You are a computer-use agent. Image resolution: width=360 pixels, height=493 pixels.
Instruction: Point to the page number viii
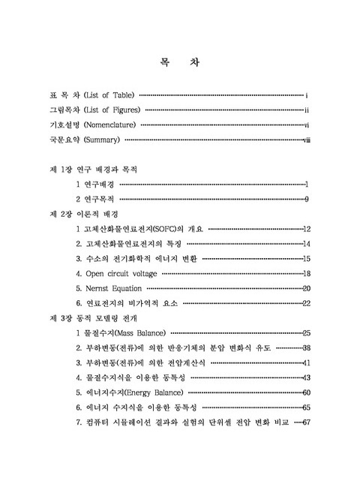click(x=306, y=140)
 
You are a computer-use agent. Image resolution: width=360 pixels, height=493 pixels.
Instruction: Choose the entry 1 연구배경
click(x=97, y=184)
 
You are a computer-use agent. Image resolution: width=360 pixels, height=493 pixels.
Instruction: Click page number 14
click(x=306, y=244)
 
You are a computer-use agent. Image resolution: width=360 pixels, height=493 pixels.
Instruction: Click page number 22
click(x=306, y=302)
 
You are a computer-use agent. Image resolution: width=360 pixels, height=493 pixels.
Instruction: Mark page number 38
click(x=306, y=347)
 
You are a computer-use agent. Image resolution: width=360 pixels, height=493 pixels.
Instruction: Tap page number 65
click(x=306, y=407)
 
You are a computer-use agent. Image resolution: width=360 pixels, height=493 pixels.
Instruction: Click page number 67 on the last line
click(x=306, y=422)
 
